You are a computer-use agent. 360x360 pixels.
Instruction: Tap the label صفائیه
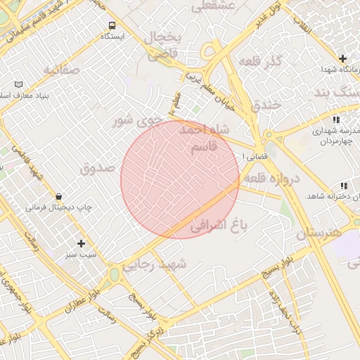[58, 71]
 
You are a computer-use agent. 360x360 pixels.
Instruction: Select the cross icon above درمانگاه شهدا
[342, 58]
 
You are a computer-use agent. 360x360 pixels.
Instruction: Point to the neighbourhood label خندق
[266, 105]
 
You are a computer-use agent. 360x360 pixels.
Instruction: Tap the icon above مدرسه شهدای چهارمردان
[335, 120]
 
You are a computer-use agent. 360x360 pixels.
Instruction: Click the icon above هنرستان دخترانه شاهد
[344, 186]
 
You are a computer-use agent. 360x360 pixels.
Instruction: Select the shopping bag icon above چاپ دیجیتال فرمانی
[58, 196]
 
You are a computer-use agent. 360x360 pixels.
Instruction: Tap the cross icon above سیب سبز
[82, 243]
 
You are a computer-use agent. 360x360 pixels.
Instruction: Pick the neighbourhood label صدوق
[97, 169]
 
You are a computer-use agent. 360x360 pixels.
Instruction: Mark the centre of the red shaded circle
[180, 179]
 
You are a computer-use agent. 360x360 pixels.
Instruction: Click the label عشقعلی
[208, 6]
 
